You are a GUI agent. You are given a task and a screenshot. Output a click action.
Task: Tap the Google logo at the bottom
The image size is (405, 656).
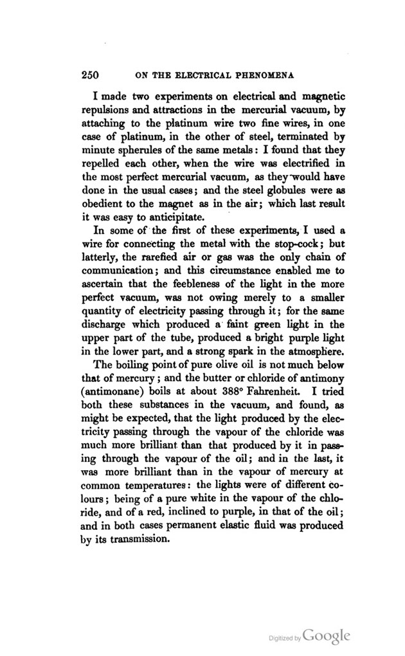point(327,635)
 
